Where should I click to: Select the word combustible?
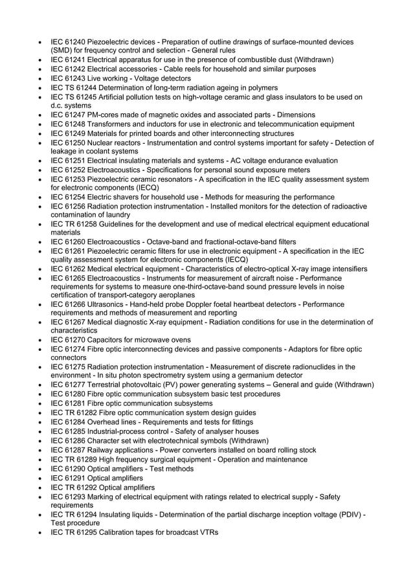(259, 60)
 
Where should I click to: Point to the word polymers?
(262, 87)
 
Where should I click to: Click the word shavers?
(130, 197)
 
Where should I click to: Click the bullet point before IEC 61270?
(42, 340)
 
